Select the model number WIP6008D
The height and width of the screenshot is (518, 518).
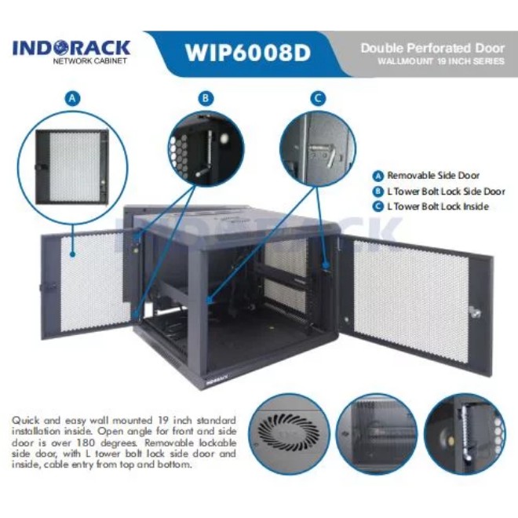point(247,53)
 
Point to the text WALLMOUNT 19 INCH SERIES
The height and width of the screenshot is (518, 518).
point(440,61)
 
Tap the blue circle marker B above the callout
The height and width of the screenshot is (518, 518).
point(206,98)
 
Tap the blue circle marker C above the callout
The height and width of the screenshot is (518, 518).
point(317,98)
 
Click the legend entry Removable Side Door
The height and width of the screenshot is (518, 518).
point(436,176)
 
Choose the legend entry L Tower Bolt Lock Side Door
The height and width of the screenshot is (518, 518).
point(441,191)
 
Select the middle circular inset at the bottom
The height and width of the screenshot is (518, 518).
point(377,435)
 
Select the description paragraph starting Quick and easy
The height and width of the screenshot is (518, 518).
point(123,442)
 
